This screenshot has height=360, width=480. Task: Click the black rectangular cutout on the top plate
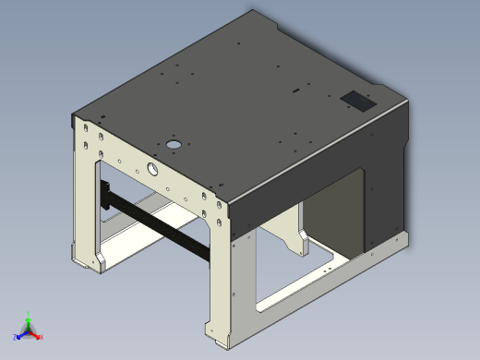coord(359,99)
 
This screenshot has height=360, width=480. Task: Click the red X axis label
coord(42,338)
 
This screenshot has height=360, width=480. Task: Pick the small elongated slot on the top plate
coord(295,91)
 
